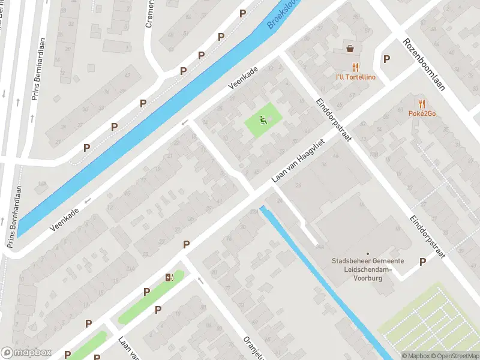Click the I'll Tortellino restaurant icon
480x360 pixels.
[356, 67]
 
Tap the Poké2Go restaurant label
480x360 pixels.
[422, 113]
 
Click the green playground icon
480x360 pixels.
[263, 120]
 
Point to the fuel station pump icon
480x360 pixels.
[170, 277]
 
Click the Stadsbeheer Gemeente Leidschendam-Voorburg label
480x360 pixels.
[368, 269]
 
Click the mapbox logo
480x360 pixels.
[26, 352]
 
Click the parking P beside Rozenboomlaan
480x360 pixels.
[386, 59]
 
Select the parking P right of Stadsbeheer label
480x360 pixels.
[422, 262]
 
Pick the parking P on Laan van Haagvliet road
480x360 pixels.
[187, 244]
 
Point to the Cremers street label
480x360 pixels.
[150, 14]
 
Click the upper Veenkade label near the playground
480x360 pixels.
[242, 79]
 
